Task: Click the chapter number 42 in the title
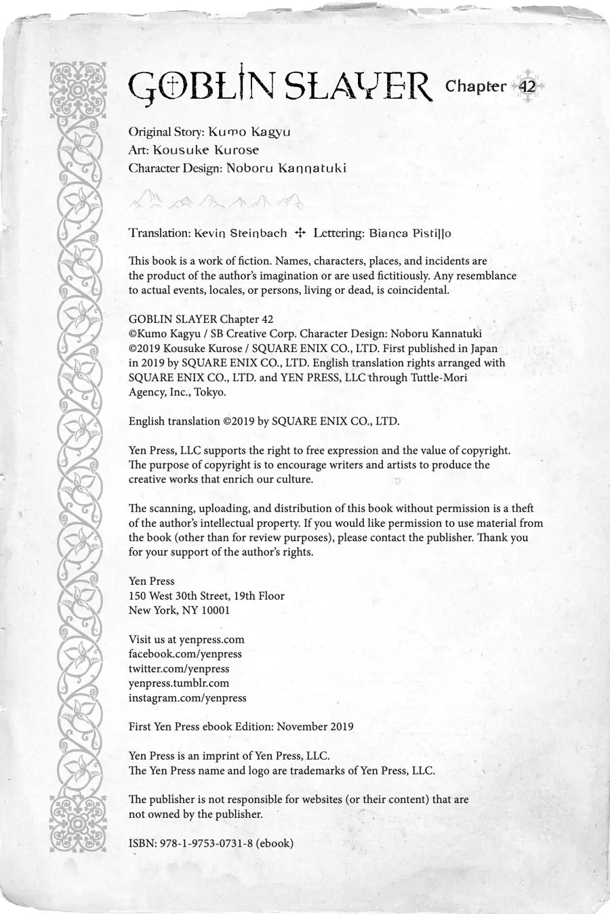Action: click(x=527, y=87)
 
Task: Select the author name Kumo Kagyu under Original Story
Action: click(x=249, y=131)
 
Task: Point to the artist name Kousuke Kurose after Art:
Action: click(x=205, y=150)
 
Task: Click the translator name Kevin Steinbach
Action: click(x=240, y=233)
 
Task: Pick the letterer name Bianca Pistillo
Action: click(x=410, y=233)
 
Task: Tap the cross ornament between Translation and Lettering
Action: click(x=300, y=233)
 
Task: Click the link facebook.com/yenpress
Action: click(x=185, y=654)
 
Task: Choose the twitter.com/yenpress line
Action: click(x=179, y=668)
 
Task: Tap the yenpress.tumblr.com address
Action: click(x=179, y=683)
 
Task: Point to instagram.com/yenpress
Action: click(x=188, y=697)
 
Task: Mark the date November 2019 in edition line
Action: click(x=315, y=726)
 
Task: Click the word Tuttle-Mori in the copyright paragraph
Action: click(x=439, y=377)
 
